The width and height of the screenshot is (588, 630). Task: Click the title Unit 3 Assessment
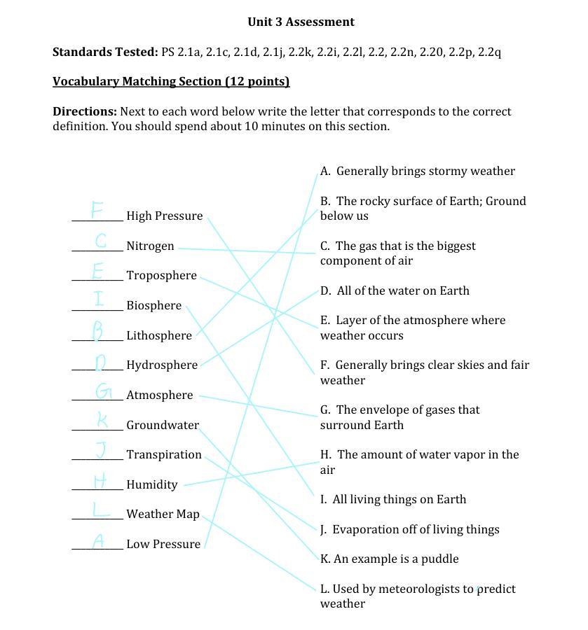[301, 22]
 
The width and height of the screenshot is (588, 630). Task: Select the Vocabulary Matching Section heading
[171, 82]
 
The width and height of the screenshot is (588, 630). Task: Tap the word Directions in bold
[84, 112]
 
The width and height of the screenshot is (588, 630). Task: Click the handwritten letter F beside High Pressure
[97, 209]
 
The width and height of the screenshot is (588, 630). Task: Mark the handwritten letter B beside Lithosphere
[98, 329]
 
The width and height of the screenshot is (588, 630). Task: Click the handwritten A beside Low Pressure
[100, 541]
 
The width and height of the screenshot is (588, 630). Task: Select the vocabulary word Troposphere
[161, 276]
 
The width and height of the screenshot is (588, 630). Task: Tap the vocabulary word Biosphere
[153, 306]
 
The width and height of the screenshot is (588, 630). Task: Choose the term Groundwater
[163, 426]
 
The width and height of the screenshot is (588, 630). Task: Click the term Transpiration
[164, 455]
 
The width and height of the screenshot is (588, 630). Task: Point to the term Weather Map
[163, 514]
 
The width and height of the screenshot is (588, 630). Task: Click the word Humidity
[151, 485]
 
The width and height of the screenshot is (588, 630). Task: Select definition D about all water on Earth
[395, 291]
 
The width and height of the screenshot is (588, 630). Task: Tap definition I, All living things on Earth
[393, 500]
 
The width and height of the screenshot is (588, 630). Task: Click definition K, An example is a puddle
[390, 559]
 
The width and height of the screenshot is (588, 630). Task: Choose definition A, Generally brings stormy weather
[418, 171]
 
